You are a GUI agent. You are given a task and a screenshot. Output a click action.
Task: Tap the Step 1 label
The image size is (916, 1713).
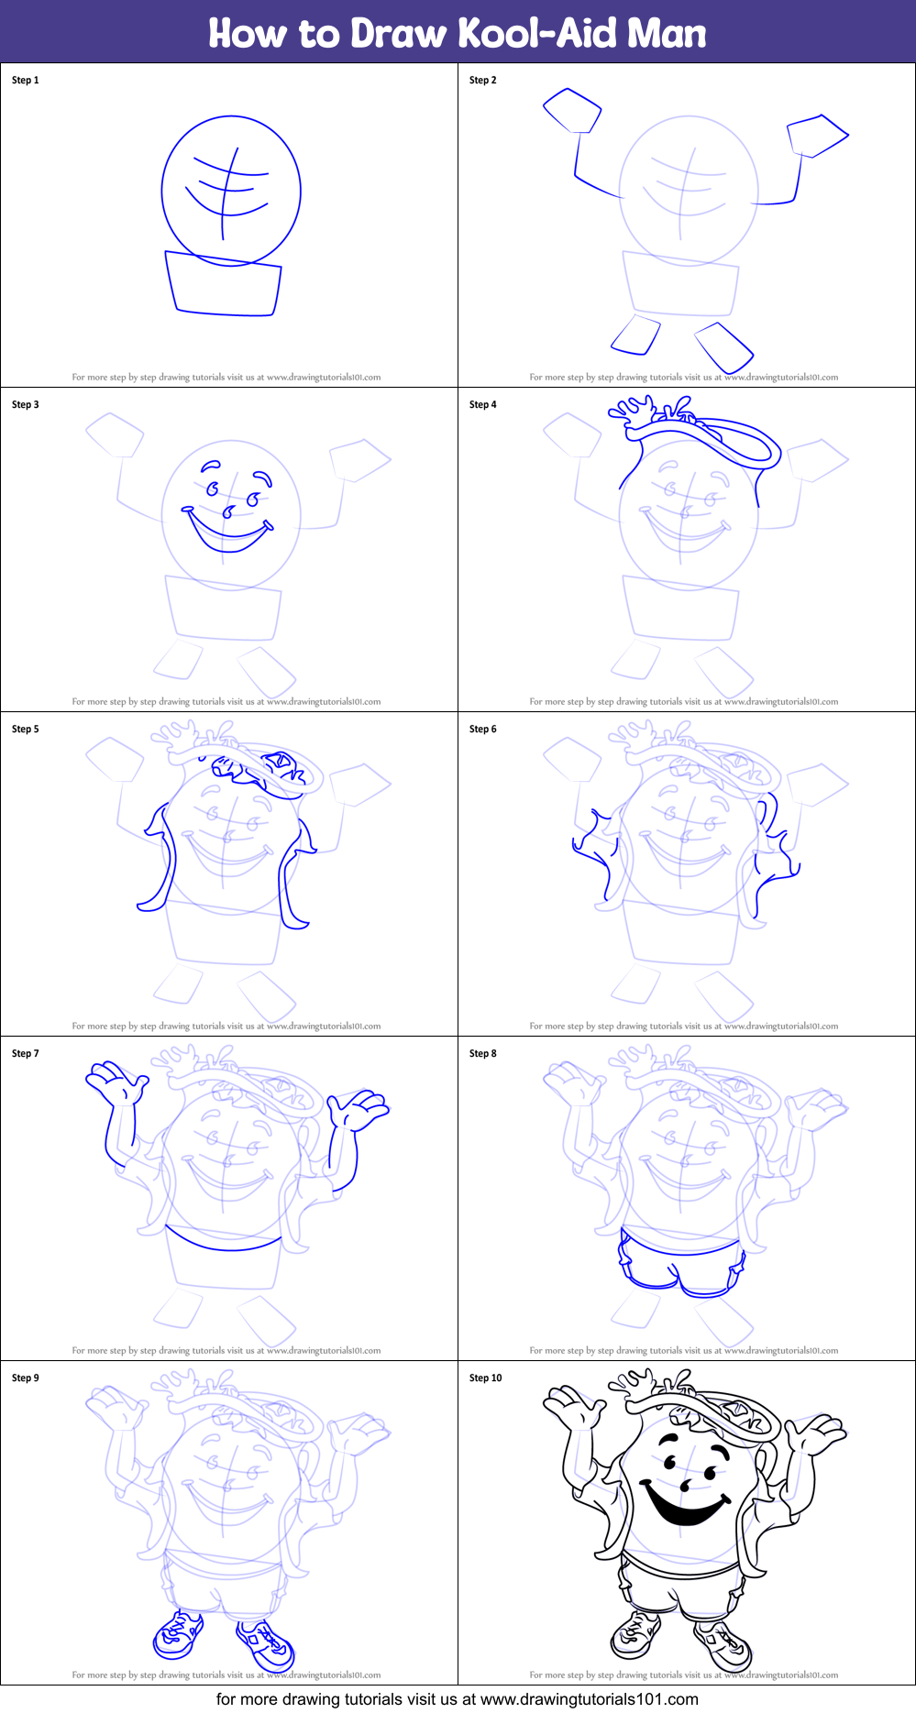26,81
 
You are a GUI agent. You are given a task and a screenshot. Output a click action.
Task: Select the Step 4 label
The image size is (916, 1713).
483,405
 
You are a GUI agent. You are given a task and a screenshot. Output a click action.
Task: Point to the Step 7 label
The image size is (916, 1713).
26,1054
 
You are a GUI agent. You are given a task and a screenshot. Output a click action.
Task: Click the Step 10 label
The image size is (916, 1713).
486,1378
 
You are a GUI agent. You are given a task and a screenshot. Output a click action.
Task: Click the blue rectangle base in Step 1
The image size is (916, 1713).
223,284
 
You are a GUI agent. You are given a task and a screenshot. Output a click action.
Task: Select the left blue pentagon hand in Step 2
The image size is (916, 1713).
572,110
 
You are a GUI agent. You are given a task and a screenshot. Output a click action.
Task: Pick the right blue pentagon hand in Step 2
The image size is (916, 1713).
817,136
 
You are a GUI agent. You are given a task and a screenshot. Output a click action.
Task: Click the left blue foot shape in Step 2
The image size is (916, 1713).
635,335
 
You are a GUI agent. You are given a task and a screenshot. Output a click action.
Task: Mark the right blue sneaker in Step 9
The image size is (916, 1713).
266,1645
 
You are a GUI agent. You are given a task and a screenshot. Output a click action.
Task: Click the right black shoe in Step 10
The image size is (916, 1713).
723,1646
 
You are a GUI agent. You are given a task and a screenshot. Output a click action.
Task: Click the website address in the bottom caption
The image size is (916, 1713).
590,1699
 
